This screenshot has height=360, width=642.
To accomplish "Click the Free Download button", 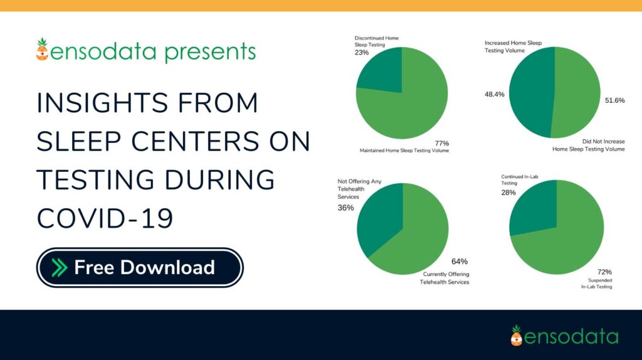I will pos(140,268).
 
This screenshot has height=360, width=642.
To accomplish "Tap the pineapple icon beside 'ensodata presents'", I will pos(42,50).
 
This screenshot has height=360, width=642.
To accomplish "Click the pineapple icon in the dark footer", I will pos(516,336).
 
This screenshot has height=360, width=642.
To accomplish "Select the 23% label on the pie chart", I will pos(362,53).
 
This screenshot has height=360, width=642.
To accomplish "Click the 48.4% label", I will pos(495,94).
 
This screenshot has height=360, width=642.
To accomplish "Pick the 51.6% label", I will pos(614,100).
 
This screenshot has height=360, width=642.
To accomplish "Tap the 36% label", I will pos(346,208).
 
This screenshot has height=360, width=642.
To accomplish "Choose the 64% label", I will pos(460,262).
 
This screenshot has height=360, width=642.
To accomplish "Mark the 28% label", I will pos(509,193).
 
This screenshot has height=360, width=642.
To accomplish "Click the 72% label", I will pos(604,272).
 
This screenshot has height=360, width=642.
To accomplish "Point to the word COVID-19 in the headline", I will pos(105,218).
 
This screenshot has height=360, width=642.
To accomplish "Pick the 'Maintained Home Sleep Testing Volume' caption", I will pos(404,151).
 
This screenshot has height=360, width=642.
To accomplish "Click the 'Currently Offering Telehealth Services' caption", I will pos(445,278).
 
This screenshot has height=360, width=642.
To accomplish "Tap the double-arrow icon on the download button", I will pos(60,268).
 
